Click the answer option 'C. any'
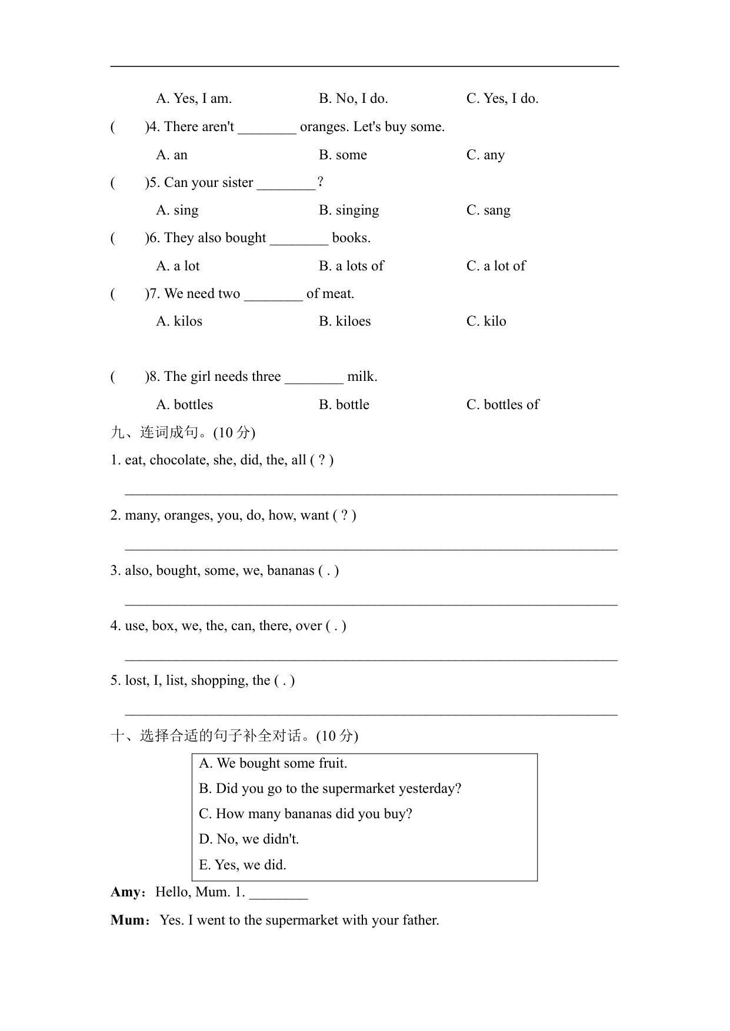click(x=485, y=155)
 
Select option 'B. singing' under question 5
click(x=349, y=210)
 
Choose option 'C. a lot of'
click(x=496, y=266)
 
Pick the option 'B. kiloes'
click(x=345, y=322)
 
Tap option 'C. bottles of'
click(x=502, y=405)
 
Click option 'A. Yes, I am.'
click(x=194, y=99)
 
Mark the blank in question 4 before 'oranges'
click(x=267, y=128)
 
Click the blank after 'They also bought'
click(x=299, y=239)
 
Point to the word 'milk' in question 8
click(x=361, y=377)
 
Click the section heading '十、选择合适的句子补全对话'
click(x=234, y=736)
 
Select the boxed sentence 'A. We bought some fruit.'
click(x=273, y=764)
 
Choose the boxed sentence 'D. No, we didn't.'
click(x=249, y=839)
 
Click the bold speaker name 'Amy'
click(x=126, y=892)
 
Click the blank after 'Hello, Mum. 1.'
click(x=278, y=893)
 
